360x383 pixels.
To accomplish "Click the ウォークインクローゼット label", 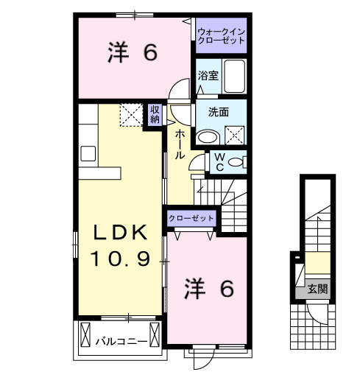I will pyautogui.click(x=221, y=36).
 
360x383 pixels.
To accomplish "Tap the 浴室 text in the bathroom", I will pyautogui.click(x=208, y=76).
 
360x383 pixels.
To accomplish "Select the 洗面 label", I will pyautogui.click(x=218, y=113).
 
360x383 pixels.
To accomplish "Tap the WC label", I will pyautogui.click(x=219, y=161).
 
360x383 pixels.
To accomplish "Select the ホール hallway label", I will pyautogui.click(x=180, y=144).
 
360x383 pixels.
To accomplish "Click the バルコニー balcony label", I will pyautogui.click(x=121, y=342).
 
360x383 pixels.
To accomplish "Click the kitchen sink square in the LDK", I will pyautogui.click(x=88, y=153).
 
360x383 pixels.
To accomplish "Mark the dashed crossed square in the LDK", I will pyautogui.click(x=132, y=115).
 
